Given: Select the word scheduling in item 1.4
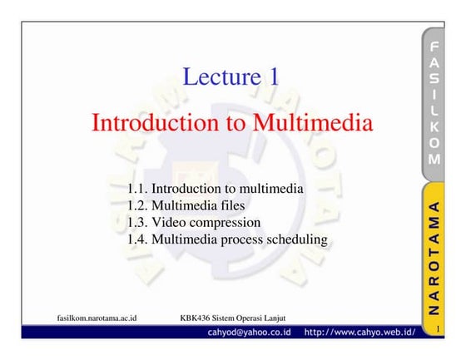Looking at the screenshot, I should coord(296,239).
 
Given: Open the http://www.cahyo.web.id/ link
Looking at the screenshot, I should coord(359,333).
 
